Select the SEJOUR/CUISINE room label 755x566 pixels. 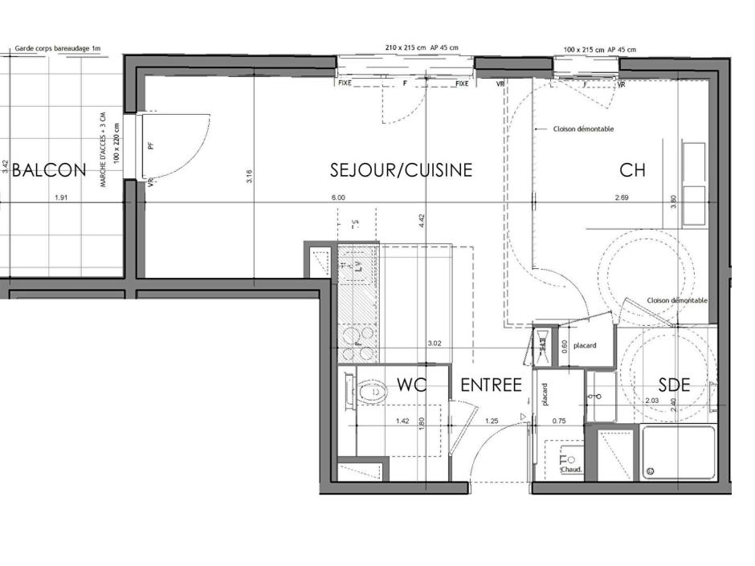401,170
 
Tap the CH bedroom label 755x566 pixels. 633,170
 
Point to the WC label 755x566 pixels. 411,385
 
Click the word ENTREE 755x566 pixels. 492,385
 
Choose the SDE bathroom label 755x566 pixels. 674,385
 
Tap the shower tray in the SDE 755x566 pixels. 678,453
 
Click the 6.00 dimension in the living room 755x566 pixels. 337,197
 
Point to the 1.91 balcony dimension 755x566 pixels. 61,197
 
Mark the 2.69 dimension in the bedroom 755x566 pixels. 622,197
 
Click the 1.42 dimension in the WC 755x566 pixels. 403,420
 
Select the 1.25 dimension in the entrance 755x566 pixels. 492,420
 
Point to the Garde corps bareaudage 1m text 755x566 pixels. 58,49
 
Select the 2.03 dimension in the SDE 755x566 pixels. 651,400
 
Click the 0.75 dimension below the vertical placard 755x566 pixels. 560,420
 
